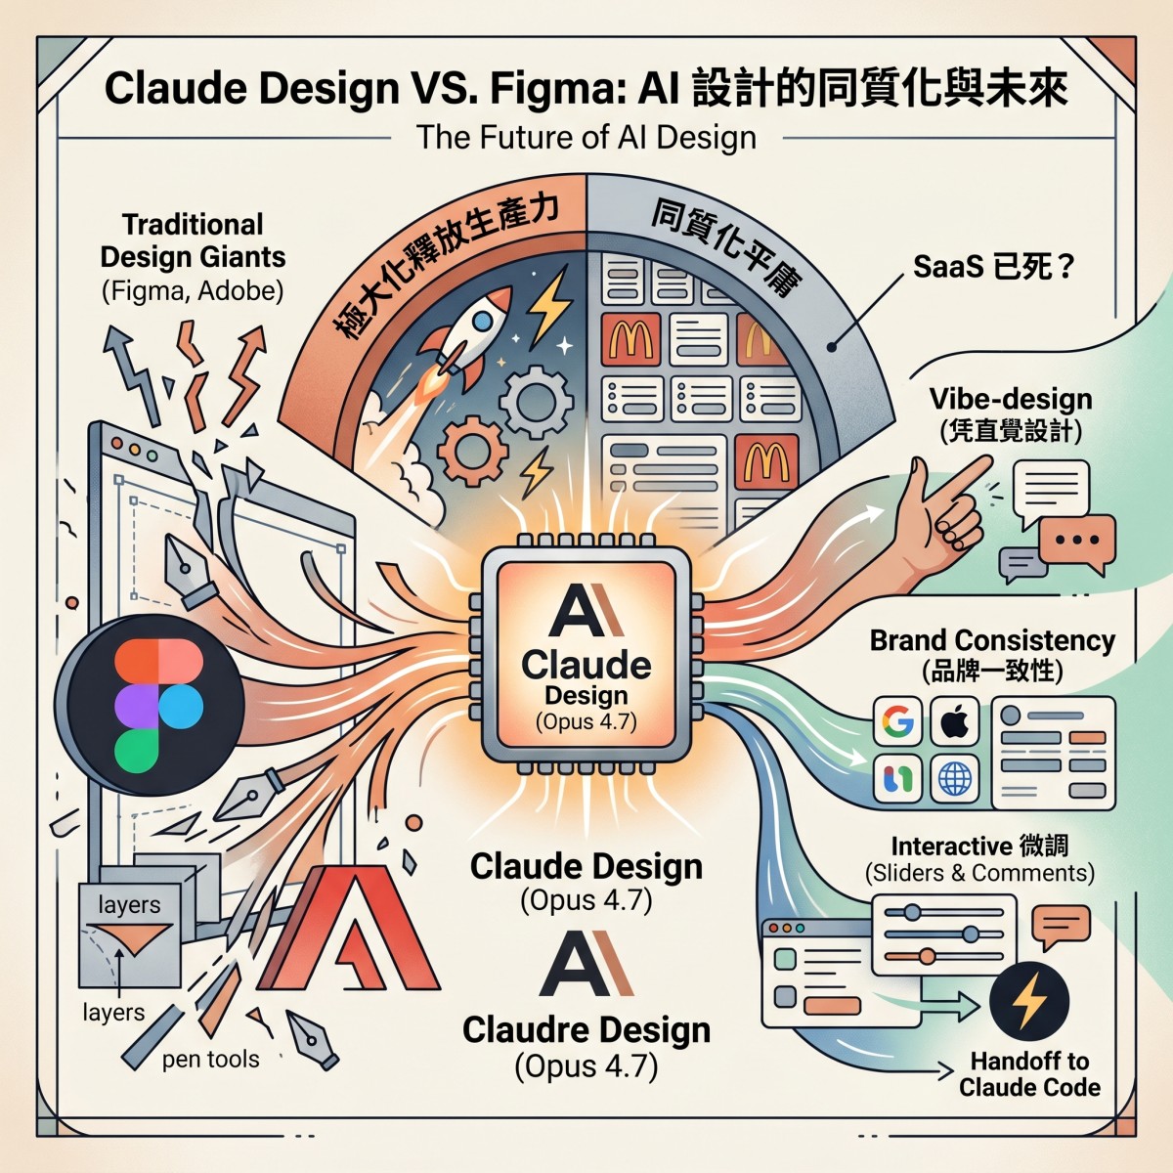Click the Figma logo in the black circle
point(156,705)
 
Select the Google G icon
point(897,723)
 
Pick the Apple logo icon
point(954,723)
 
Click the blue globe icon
point(954,779)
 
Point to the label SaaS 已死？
point(993,266)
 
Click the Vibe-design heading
point(1011,399)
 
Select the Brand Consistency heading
point(992,640)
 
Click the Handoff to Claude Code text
point(1029,1074)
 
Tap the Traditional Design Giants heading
point(193,240)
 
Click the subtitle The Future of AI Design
point(586,137)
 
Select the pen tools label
point(210,1059)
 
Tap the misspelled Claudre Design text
point(586,1029)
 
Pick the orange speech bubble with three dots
point(1076,541)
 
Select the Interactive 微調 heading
point(979,846)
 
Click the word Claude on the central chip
point(586,665)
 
